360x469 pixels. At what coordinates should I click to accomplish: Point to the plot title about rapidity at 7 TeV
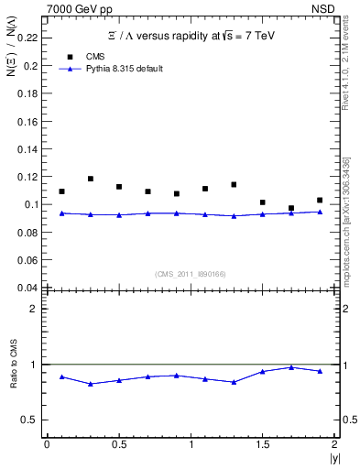pyautogui.click(x=191, y=35)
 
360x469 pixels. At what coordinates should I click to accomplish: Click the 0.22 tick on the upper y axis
pyautogui.click(x=27, y=38)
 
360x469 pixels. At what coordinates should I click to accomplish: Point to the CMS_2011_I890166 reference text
pyautogui.click(x=190, y=273)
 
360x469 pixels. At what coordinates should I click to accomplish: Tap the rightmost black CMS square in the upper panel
pyautogui.click(x=320, y=200)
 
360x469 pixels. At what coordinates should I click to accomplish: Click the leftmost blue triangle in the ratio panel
pyautogui.click(x=61, y=376)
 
